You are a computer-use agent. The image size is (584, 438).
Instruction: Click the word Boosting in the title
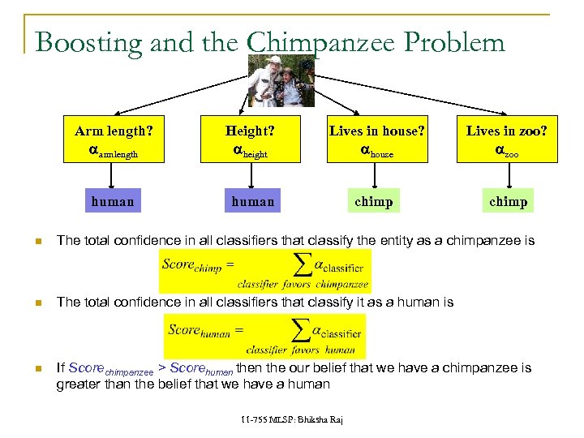click(x=88, y=41)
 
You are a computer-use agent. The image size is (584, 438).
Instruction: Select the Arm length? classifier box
click(x=114, y=140)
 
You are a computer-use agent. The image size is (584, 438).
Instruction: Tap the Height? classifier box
click(x=250, y=140)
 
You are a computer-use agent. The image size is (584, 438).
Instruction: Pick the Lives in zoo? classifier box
click(x=506, y=140)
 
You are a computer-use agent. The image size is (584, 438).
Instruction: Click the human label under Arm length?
click(x=113, y=201)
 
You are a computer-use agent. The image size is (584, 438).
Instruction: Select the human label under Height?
click(x=252, y=201)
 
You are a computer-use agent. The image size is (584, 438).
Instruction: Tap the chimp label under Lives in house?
click(x=374, y=201)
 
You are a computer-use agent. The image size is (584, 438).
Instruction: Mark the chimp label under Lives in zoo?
click(x=508, y=201)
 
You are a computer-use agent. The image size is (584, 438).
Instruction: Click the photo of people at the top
click(x=281, y=81)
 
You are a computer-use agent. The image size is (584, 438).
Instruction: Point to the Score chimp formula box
click(x=264, y=271)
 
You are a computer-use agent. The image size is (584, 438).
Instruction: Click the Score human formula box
click(x=264, y=336)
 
